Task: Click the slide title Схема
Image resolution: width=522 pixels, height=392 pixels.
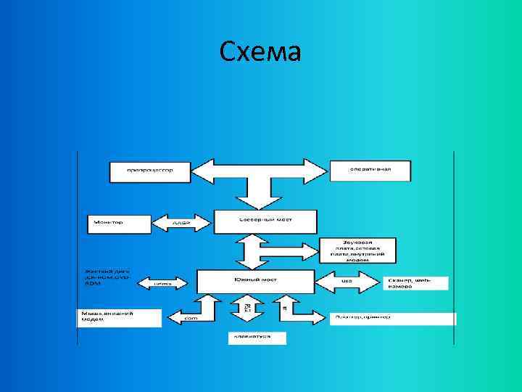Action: [x=260, y=52]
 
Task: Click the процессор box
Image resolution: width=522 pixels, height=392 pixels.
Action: [x=150, y=171]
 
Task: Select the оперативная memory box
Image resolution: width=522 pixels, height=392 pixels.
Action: [x=370, y=171]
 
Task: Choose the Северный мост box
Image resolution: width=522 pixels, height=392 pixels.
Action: [x=256, y=221]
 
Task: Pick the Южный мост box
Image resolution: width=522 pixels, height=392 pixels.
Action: [x=256, y=280]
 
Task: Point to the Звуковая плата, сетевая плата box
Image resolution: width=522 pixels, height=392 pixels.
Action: [x=357, y=250]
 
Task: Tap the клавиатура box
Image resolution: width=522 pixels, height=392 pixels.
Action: [x=257, y=338]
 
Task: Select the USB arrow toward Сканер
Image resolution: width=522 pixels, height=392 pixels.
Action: [x=348, y=280]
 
